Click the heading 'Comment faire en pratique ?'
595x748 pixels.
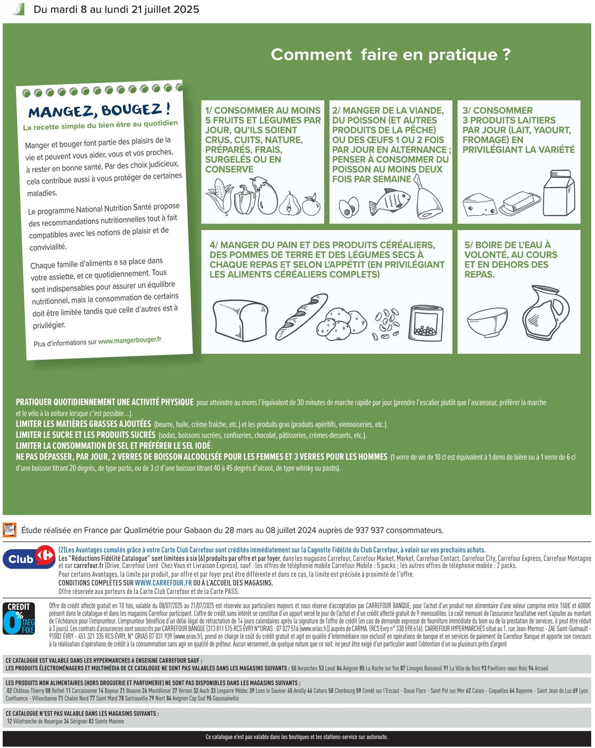(390, 55)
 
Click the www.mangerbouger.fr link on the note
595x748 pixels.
(129, 340)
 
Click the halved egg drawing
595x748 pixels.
(348, 207)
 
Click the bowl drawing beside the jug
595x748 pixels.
(487, 321)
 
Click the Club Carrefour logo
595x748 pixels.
(29, 558)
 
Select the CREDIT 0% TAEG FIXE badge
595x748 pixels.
(19, 618)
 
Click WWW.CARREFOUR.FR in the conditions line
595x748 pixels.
(163, 583)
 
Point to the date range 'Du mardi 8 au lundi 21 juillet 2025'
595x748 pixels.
(116, 10)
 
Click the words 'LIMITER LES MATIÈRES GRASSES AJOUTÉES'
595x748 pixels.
(83, 424)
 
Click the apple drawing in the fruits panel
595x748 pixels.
(312, 205)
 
